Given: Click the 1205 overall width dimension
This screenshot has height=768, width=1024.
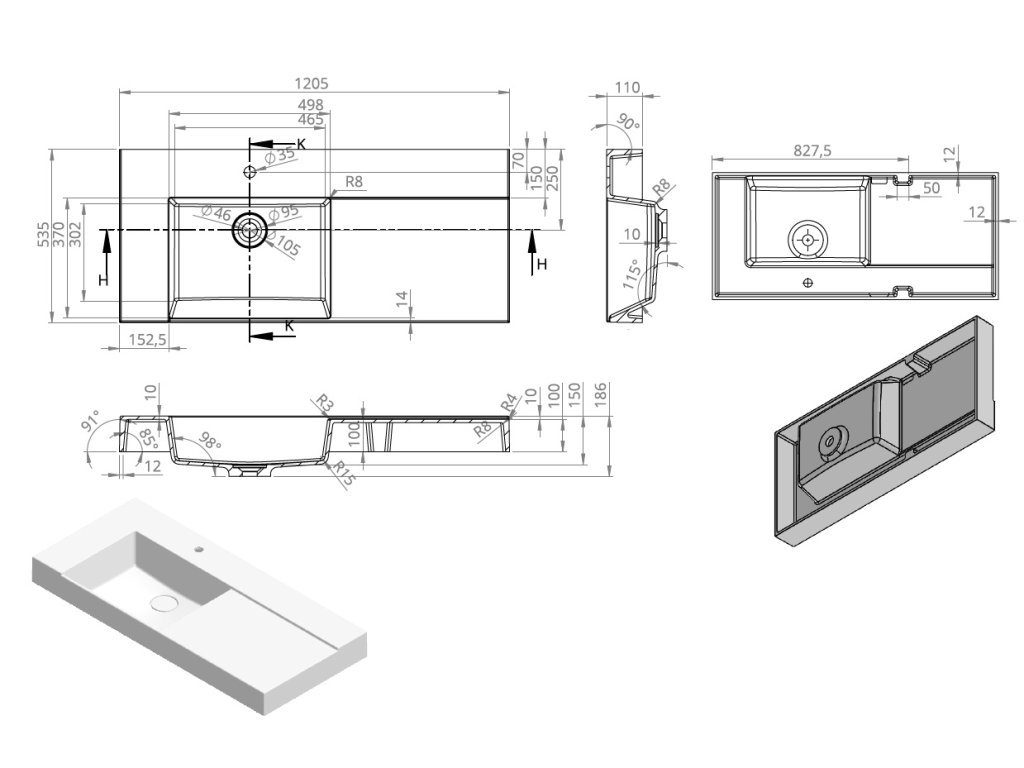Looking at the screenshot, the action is [313, 84].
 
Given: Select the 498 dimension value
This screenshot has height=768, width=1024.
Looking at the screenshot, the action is [310, 105].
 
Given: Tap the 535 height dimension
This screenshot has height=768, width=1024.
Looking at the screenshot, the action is [43, 235].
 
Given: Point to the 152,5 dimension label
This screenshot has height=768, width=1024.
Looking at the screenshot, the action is [147, 340].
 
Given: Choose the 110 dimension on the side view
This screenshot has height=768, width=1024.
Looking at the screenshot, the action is [626, 88].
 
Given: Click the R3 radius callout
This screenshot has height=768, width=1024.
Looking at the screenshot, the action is [323, 403].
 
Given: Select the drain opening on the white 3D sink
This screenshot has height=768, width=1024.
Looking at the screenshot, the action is [162, 603].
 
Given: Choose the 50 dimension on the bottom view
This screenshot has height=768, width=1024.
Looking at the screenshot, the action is [931, 188].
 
